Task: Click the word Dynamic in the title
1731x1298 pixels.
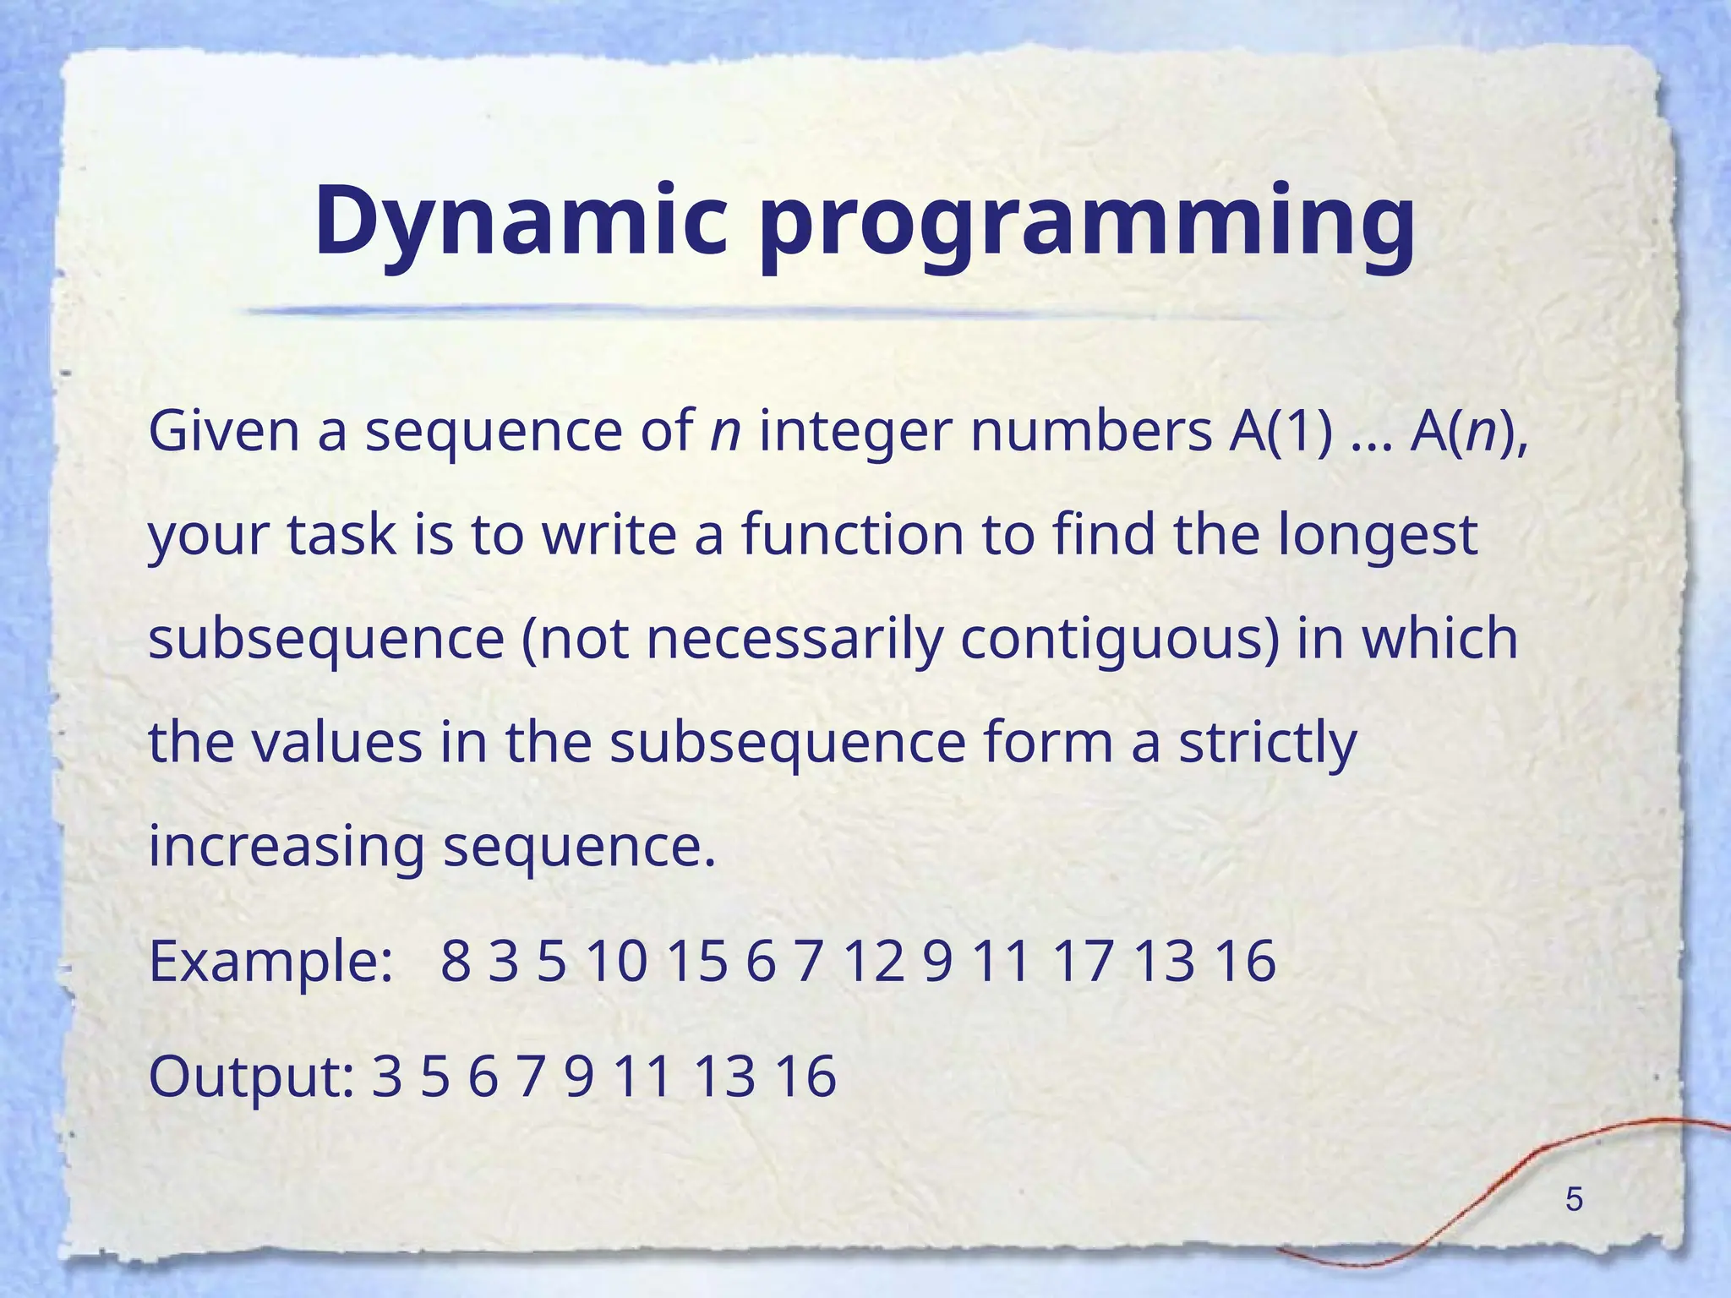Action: [521, 221]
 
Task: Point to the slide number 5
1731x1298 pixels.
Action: [1574, 1199]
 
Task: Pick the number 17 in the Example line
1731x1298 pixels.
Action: [1084, 962]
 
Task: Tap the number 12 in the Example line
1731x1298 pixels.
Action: [874, 962]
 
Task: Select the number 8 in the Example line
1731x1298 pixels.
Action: [456, 962]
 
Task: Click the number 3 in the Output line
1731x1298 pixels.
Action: [386, 1077]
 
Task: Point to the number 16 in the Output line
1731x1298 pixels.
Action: [805, 1077]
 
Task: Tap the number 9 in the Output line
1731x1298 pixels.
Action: [580, 1077]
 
